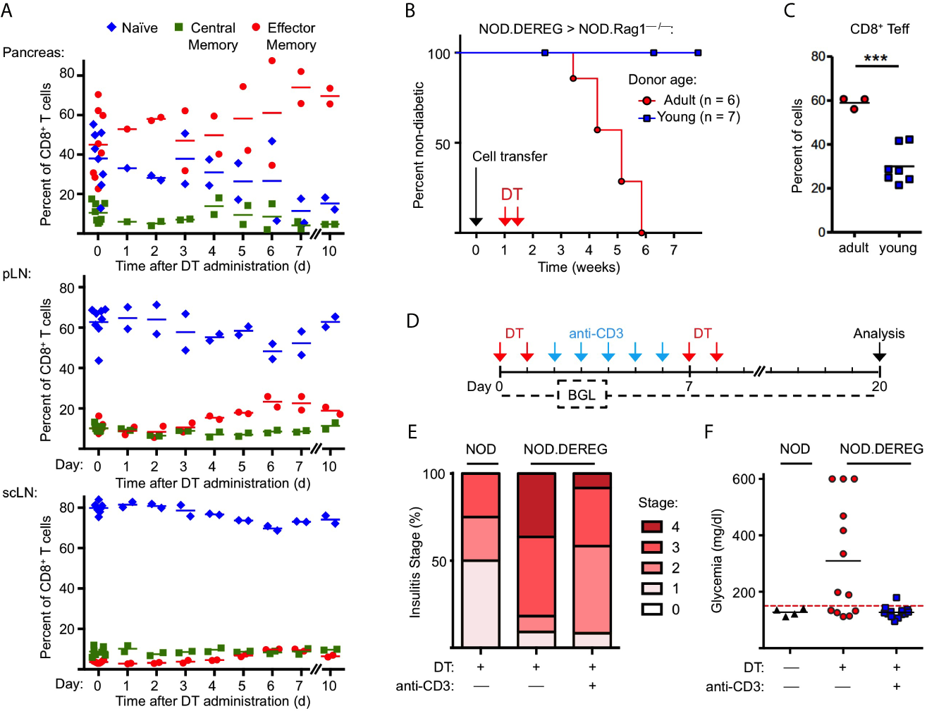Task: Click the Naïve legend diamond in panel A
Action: coord(111,27)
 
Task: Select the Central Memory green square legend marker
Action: coord(179,27)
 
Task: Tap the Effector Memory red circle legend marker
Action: coord(256,27)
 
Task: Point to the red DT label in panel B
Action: coord(512,194)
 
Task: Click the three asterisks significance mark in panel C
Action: coord(876,58)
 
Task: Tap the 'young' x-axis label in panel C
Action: coord(897,248)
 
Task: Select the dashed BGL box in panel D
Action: coord(582,395)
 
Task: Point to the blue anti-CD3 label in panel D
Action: coord(596,333)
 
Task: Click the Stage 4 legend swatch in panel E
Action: coord(652,526)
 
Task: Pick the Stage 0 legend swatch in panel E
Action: coord(652,609)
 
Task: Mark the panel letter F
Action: coord(709,431)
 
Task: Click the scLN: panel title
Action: coord(20,493)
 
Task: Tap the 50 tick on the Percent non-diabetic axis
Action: coord(442,144)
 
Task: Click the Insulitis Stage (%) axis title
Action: coord(415,562)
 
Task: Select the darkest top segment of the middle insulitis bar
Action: coord(536,505)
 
